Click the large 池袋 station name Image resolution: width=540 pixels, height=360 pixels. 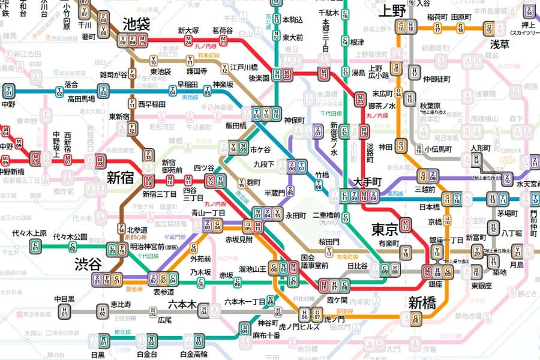[136, 24]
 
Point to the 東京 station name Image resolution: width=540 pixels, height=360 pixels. [385, 229]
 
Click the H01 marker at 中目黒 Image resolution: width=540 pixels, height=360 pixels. [64, 311]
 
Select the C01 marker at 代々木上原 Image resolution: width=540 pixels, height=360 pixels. [35, 246]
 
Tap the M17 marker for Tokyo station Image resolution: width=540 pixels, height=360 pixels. [406, 226]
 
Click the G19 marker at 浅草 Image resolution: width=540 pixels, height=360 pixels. [490, 28]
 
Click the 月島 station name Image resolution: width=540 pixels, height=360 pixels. [517, 264]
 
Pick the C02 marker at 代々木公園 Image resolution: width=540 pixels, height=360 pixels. [73, 246]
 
